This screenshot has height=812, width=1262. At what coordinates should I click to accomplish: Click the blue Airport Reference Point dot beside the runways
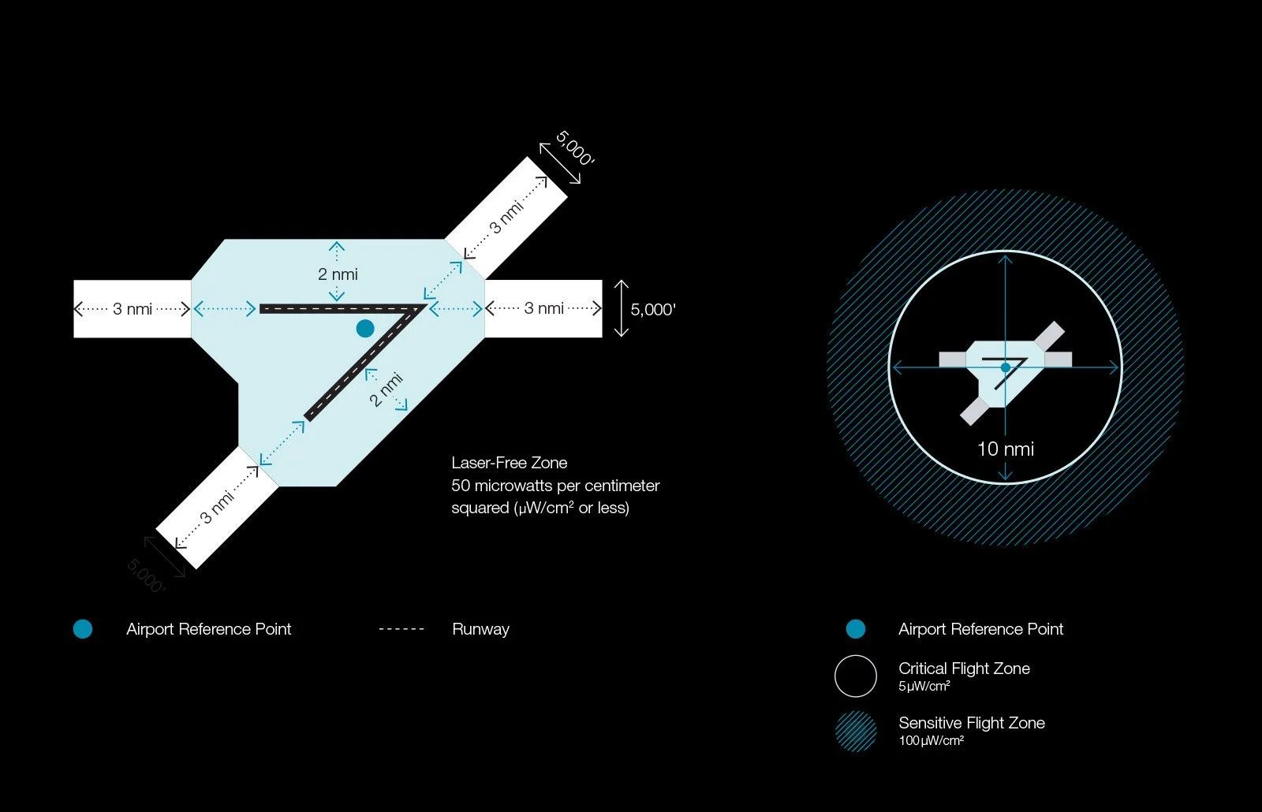[364, 328]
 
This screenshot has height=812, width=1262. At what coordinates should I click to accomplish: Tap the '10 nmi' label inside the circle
[1005, 449]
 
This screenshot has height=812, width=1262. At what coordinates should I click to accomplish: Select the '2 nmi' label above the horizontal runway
[338, 274]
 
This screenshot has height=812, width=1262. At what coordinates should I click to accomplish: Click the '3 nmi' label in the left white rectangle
[133, 309]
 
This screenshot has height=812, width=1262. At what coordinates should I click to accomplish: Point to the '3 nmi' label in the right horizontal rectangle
[543, 308]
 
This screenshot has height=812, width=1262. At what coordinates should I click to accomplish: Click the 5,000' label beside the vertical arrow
[653, 309]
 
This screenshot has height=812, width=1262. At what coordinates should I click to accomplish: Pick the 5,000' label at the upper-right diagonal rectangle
[574, 148]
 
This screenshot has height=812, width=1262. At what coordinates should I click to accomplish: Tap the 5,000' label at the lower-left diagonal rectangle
[146, 576]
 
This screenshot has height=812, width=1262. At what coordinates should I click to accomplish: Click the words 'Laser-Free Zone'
[509, 463]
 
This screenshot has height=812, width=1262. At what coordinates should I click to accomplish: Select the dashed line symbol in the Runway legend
[401, 629]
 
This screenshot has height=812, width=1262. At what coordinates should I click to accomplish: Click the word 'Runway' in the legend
[480, 629]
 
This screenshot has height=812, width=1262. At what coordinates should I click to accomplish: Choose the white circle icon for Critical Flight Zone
[856, 676]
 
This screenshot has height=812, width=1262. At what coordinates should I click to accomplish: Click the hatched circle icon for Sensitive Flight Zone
[856, 731]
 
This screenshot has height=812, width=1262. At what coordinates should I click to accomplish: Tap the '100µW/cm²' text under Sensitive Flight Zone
[931, 741]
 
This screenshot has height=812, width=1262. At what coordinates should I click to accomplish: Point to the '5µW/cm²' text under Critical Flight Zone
[924, 687]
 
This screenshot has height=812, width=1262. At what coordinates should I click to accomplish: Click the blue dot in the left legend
[83, 629]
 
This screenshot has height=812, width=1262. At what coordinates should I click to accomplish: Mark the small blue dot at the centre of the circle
[1005, 367]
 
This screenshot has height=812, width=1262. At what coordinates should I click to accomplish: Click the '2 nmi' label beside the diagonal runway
[386, 389]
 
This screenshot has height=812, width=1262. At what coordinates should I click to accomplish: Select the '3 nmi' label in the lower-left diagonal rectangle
[218, 508]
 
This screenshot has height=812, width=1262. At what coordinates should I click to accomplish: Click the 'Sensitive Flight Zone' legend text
[971, 723]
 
